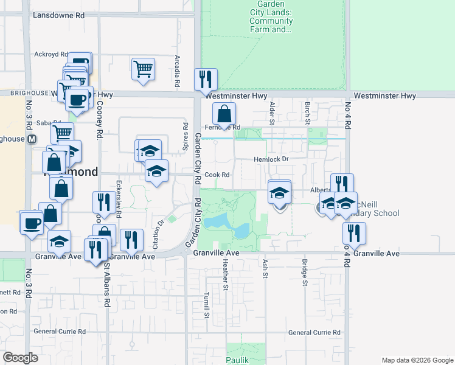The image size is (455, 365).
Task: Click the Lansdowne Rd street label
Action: click(58, 15)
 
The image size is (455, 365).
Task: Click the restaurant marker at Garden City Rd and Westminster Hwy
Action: click(206, 79)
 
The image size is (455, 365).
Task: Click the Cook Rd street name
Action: click(217, 175)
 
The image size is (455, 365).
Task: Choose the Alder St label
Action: click(272, 111)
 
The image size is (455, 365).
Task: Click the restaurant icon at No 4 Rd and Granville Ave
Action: click(350, 232)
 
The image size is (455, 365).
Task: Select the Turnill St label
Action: click(207, 304)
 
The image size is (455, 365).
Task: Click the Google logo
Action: click(20, 358)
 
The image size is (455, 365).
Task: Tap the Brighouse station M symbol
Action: click(32, 139)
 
